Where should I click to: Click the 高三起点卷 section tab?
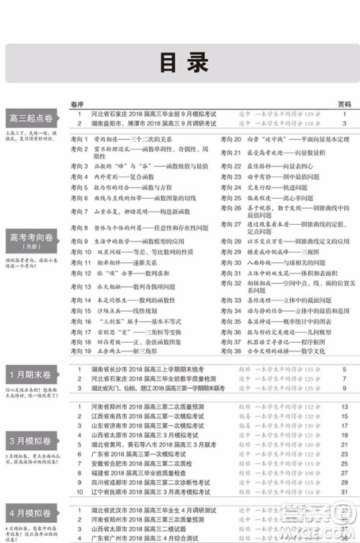[x=31, y=119]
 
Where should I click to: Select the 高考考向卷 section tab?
[x=31, y=236]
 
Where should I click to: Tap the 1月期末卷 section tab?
[x=31, y=375]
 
